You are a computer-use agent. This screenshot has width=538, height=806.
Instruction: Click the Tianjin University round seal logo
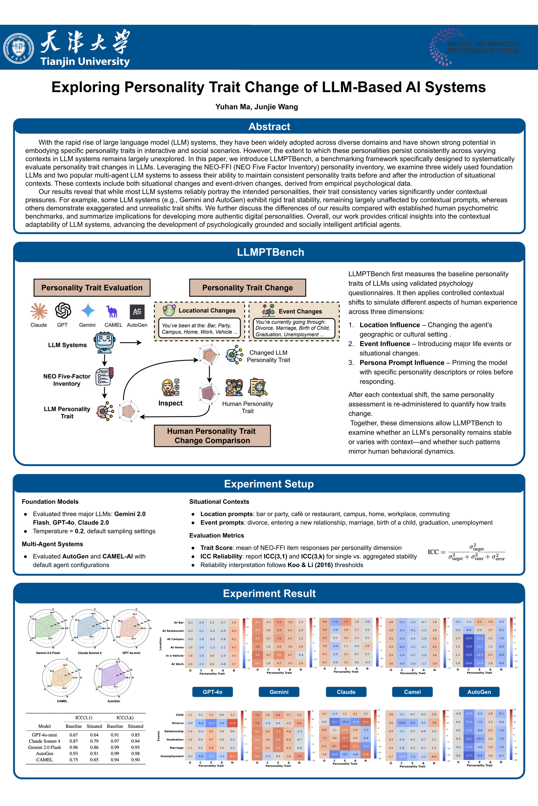18,49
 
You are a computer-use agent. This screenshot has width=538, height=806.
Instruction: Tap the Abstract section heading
269,127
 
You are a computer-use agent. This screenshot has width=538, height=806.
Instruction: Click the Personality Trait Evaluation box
92,287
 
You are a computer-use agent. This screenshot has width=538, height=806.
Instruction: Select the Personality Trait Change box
247,287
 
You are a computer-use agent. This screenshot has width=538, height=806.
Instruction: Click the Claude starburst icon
39,311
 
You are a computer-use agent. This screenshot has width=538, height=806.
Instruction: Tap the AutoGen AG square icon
137,311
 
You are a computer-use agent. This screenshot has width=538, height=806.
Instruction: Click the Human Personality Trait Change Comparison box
212,435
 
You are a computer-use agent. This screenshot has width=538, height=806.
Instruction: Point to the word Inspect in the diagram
170,403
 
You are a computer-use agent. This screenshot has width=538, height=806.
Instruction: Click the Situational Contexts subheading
219,502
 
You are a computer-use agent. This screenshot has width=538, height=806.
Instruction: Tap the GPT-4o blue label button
212,692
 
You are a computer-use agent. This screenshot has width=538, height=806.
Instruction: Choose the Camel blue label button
412,692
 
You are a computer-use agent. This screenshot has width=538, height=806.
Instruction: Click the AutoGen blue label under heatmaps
479,692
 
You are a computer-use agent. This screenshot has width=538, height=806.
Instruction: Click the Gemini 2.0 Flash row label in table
45,748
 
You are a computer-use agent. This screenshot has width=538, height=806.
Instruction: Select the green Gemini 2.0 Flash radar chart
47,629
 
